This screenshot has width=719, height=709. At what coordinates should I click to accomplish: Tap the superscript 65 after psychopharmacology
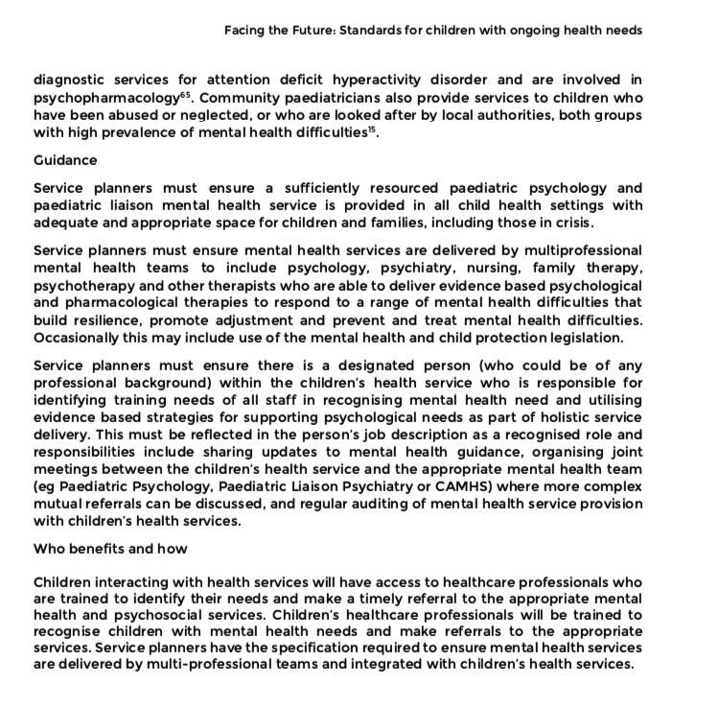190,93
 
